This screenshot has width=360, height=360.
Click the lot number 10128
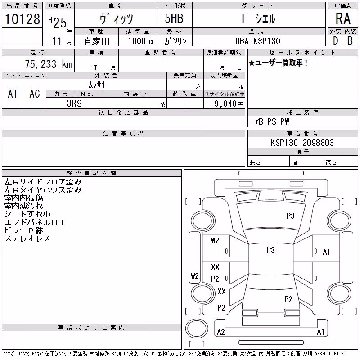click(x=22, y=19)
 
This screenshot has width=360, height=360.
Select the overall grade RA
click(x=343, y=18)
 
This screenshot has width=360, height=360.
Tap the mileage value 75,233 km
click(x=49, y=64)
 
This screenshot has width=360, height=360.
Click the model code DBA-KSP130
click(x=257, y=41)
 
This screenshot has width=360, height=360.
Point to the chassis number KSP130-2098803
click(x=302, y=143)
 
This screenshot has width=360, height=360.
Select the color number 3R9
click(x=74, y=103)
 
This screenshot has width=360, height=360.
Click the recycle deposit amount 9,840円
click(x=229, y=104)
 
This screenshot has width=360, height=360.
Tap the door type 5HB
click(x=174, y=18)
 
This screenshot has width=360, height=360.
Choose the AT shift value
click(x=13, y=94)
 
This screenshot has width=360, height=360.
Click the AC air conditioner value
click(x=35, y=94)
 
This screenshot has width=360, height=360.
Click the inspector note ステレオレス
click(x=27, y=238)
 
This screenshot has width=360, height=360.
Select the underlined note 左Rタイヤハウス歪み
click(x=43, y=190)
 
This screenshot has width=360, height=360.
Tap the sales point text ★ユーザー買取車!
click(x=278, y=63)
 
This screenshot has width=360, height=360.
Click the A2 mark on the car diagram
click(x=221, y=332)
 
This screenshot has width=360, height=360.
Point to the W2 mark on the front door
click(x=215, y=241)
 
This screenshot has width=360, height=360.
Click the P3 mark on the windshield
click(x=290, y=216)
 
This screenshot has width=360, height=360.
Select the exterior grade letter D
click(x=336, y=41)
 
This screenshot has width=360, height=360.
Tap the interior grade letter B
click(x=350, y=41)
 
